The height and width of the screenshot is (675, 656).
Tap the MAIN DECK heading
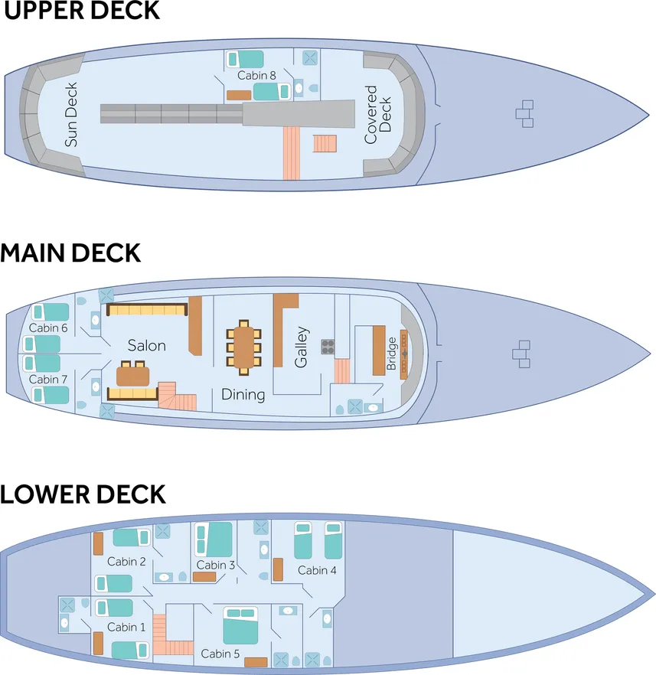coord(70,253)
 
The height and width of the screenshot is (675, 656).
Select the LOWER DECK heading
coord(83,494)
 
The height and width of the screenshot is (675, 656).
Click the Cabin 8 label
coord(256,75)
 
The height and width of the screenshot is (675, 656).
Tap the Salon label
coord(146,345)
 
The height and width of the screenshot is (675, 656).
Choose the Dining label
coord(243,395)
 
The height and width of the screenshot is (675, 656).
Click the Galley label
coord(302,347)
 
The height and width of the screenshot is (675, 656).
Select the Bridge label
coord(392,353)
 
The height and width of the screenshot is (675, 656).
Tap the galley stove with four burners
coord(328,347)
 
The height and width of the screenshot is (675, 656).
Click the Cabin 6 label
coord(48,328)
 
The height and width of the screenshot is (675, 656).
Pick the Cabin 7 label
coord(48,379)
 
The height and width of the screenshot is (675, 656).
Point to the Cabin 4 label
coord(317,570)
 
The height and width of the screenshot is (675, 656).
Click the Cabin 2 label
coord(126,562)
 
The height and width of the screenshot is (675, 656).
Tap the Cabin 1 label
coord(126,627)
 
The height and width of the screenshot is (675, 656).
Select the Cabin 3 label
coord(216,566)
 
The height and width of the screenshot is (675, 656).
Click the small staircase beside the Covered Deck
coord(325,143)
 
